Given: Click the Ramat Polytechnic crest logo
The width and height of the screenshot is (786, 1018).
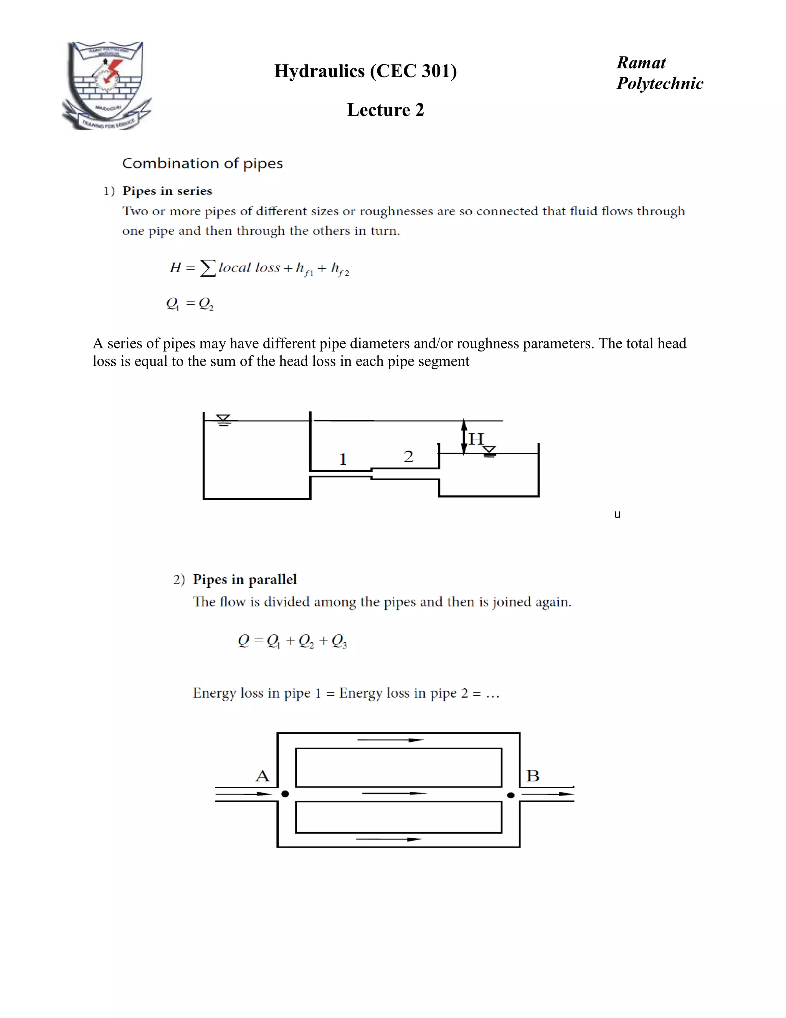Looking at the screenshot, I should pos(106,86).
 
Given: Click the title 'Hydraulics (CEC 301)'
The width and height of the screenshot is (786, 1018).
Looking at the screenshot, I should pos(365,71).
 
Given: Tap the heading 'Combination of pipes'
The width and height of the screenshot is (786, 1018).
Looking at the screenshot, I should pos(202,164).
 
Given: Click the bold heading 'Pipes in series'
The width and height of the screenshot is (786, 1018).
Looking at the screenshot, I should pos(167,191).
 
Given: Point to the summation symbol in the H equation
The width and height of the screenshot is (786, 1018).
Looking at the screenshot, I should pos(208,268).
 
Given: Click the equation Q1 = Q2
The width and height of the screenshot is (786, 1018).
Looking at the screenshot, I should pos(190,304).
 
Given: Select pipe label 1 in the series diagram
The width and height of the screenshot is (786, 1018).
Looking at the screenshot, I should pos(343,459).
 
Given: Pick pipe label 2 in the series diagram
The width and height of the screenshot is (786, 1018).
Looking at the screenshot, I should pos(408,457).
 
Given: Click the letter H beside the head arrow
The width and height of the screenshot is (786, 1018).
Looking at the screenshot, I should pos(476,439).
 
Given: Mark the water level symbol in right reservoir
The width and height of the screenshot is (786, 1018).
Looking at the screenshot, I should pos(489,452).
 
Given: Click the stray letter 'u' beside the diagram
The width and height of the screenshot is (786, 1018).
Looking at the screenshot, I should pos(618,515).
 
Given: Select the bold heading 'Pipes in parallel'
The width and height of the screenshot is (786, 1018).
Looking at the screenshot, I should pos(244,579).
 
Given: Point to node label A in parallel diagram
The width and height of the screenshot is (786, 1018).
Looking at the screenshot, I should pos(263,776).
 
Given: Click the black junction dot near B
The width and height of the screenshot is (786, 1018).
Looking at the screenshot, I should pos(511,795).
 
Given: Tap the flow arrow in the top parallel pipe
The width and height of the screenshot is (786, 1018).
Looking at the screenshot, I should pos(390,740).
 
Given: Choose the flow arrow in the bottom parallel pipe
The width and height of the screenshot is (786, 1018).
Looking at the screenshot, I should pos(389,839).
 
